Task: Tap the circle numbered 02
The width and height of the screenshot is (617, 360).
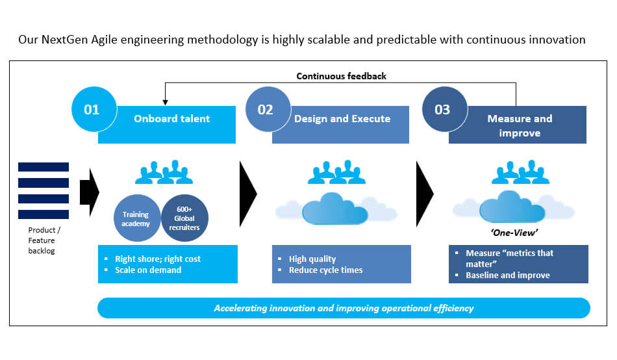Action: [x=266, y=109]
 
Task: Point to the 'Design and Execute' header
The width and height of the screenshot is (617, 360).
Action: [x=342, y=119]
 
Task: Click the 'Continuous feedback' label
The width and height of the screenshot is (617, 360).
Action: [x=341, y=76]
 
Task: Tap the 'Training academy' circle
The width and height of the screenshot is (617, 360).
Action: [x=136, y=218]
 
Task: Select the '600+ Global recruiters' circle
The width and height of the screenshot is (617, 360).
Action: [x=184, y=218]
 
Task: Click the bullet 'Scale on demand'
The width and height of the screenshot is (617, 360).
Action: [x=148, y=270]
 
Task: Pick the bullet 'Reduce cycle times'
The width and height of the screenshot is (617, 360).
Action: [x=325, y=270]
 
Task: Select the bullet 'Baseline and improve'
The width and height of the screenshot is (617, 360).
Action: [x=507, y=275]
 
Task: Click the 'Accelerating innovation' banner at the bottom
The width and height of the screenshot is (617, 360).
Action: [x=344, y=308]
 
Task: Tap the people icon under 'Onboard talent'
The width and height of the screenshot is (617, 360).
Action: [x=164, y=172]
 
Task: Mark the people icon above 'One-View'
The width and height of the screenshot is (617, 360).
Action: [x=520, y=172]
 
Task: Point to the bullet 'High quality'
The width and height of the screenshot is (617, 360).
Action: [x=312, y=259]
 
